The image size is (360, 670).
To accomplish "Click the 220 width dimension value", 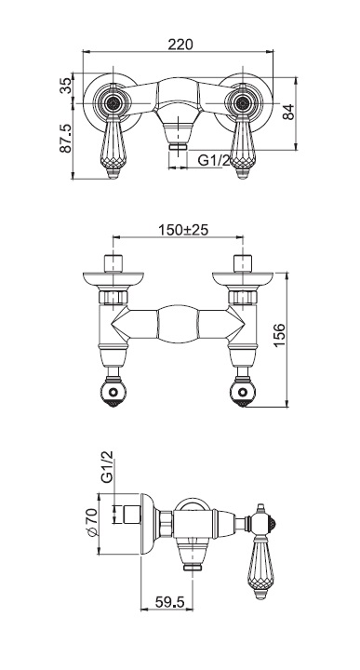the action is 180,44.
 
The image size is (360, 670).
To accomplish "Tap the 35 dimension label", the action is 66,86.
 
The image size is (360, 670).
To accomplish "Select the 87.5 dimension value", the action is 65,139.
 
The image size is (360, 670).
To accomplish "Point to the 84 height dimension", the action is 289,113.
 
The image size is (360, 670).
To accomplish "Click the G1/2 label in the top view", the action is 214,161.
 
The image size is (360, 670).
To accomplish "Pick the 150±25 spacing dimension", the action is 183,230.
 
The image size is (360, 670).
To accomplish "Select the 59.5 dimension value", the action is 169,602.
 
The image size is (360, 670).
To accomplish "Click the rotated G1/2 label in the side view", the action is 107,466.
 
